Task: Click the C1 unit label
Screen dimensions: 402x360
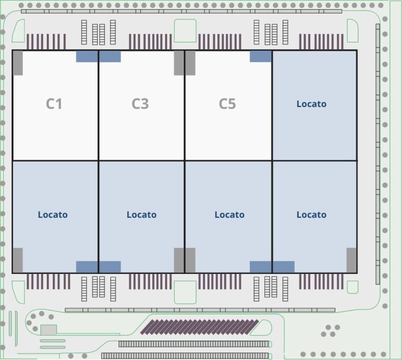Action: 54,104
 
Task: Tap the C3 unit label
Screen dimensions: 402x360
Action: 140,104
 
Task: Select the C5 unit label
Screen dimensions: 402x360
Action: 227,104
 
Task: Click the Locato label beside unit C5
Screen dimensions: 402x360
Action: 311,104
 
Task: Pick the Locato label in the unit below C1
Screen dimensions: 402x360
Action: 53,215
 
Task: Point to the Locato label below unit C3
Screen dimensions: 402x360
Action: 142,215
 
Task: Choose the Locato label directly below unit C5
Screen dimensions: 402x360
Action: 230,215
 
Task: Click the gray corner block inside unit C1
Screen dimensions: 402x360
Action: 18,63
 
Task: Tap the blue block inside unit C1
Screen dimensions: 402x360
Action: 86,57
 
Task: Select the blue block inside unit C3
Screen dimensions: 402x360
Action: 110,57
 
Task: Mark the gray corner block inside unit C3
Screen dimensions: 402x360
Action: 179,63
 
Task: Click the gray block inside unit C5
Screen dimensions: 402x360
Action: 190,63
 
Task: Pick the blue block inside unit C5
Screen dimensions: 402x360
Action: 260,57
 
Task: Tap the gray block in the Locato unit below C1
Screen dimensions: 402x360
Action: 18,260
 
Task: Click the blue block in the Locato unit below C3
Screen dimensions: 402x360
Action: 110,267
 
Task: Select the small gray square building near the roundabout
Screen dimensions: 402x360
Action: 49,330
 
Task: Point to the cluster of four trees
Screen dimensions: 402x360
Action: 330,331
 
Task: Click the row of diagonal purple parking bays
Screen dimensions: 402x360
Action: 200,327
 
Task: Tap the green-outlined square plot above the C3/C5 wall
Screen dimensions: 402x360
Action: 185,31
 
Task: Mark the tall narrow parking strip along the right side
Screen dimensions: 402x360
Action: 378,154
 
